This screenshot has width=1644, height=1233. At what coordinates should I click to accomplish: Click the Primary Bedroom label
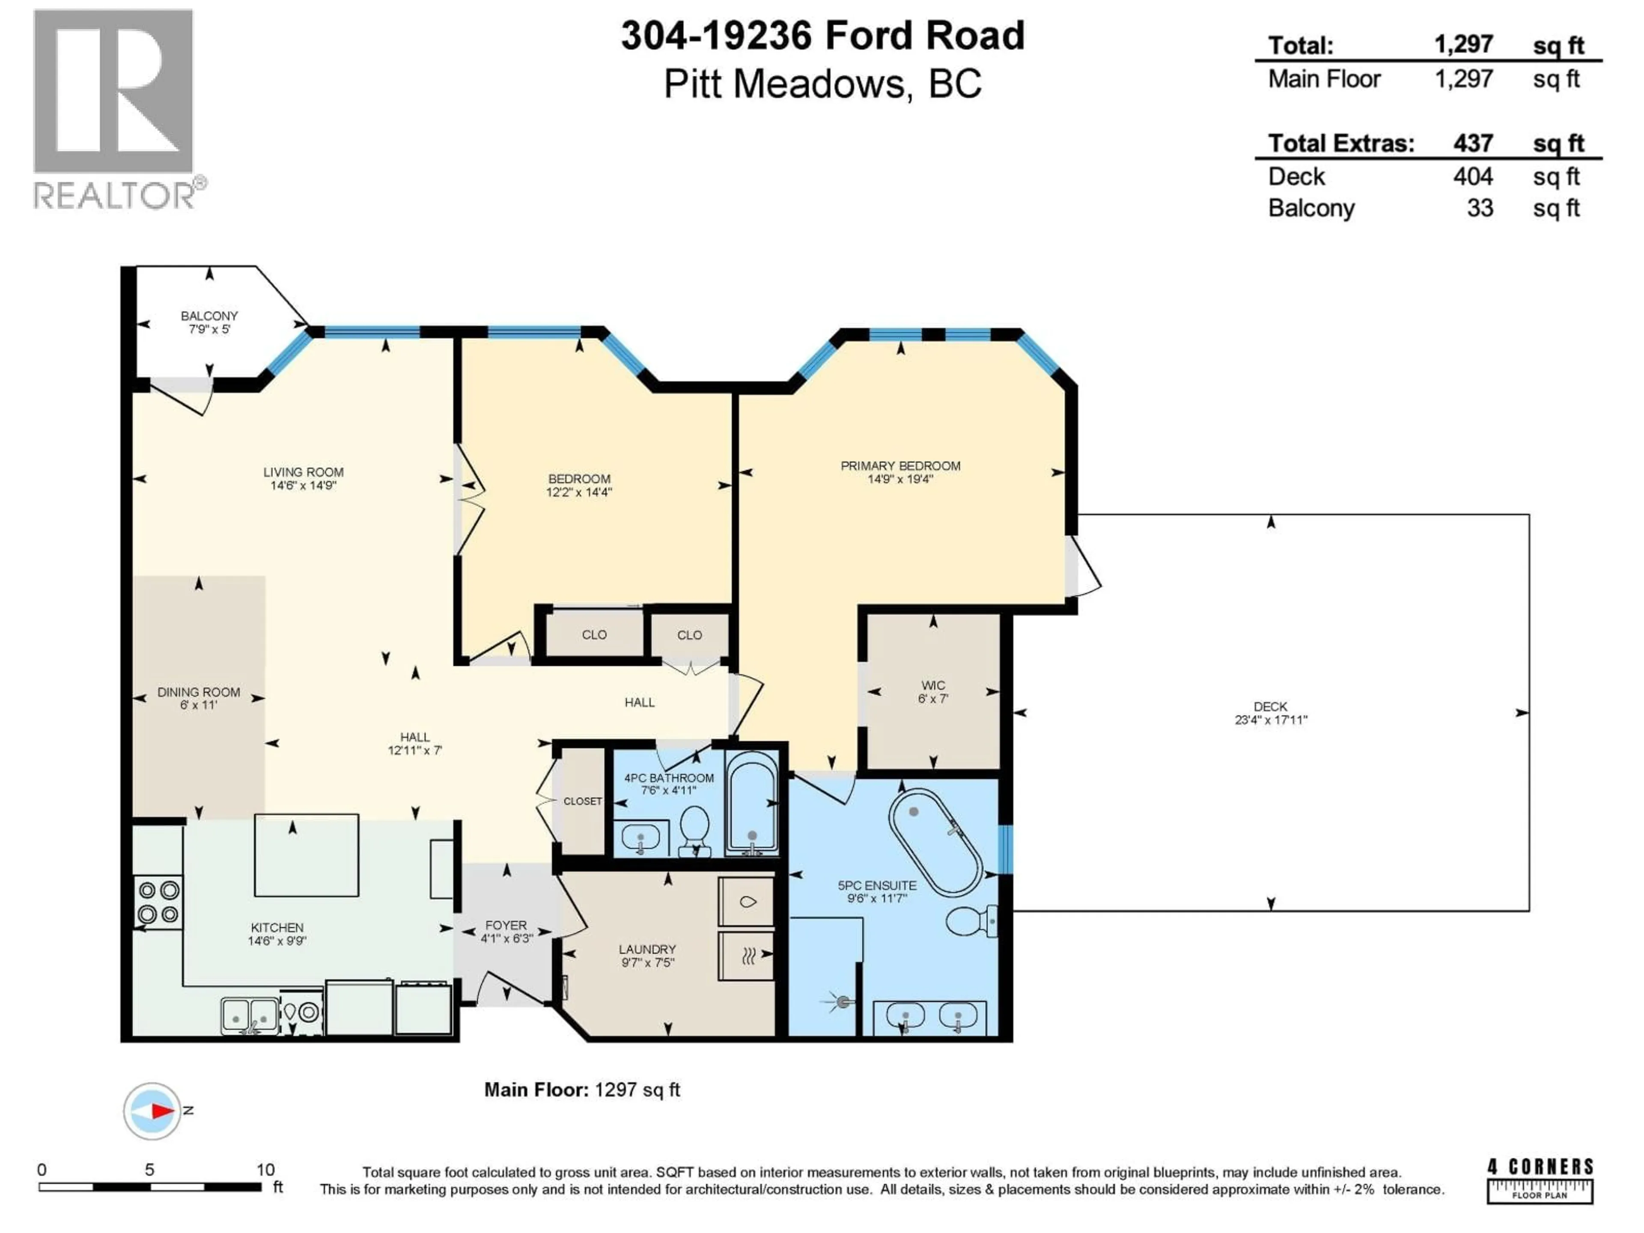(900, 466)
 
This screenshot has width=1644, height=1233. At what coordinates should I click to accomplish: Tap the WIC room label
(933, 685)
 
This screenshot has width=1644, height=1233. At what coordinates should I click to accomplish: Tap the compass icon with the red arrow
(152, 1111)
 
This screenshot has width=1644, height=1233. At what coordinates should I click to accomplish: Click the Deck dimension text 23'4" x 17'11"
(1270, 719)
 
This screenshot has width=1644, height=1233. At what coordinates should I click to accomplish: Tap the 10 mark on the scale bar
(265, 1170)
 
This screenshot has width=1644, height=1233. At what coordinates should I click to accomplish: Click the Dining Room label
(199, 692)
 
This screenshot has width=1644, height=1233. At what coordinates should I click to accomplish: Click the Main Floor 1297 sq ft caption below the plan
(581, 1090)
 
